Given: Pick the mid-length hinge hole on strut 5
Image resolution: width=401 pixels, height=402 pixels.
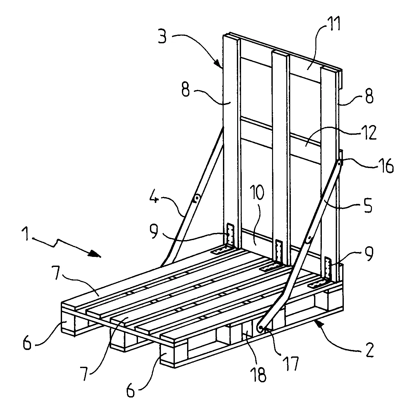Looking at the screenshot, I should tap(309, 239).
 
